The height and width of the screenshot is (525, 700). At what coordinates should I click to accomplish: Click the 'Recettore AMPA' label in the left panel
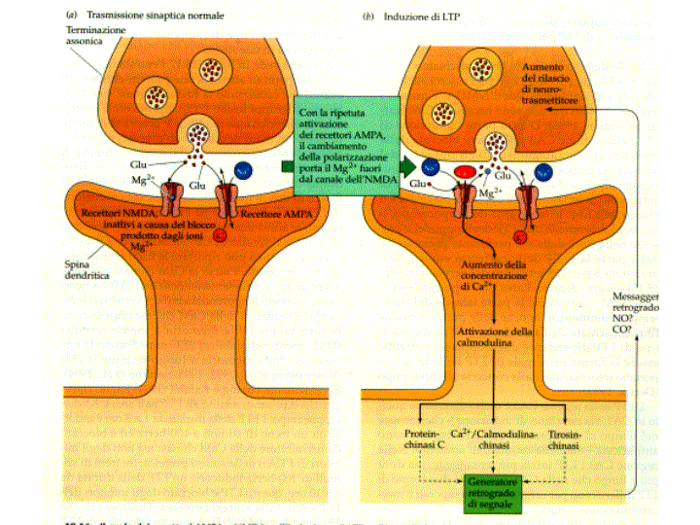pos(238,211)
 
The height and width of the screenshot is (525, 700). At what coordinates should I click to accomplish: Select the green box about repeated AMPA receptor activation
pos(344,145)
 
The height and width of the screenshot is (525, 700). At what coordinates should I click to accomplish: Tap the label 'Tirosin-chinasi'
pos(565,438)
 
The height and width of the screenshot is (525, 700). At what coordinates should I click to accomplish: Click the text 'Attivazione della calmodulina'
pos(496,338)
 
